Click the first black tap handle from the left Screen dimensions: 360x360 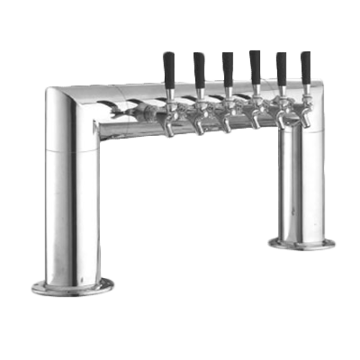[x=169, y=70]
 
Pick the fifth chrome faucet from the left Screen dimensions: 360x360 [x=282, y=116]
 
